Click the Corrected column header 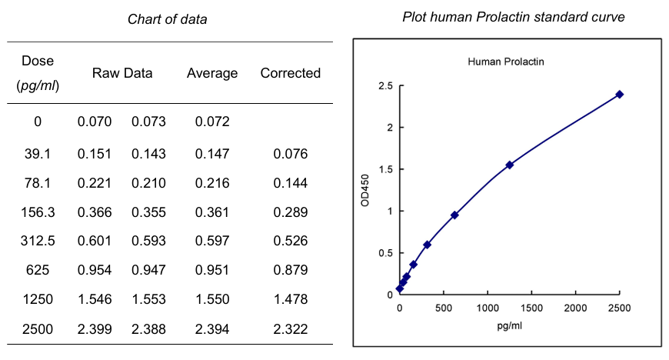click(x=290, y=73)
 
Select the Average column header click(x=212, y=73)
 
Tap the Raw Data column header click(x=122, y=73)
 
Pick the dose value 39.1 click(x=38, y=154)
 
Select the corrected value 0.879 click(x=290, y=269)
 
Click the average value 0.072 click(x=212, y=122)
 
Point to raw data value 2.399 click(x=95, y=328)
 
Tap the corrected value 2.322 click(x=290, y=328)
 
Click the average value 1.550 click(x=212, y=299)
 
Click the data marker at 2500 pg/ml click(x=619, y=95)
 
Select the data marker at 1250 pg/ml click(x=509, y=165)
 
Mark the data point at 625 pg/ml click(x=454, y=215)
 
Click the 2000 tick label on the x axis click(x=575, y=308)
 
